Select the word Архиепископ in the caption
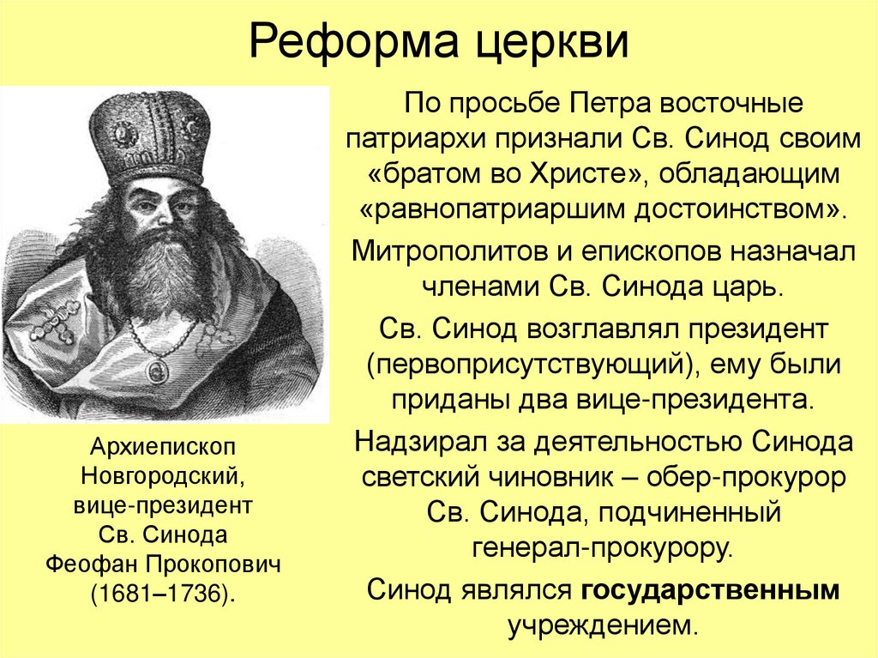click(x=161, y=448)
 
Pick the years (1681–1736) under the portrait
click(x=162, y=595)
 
